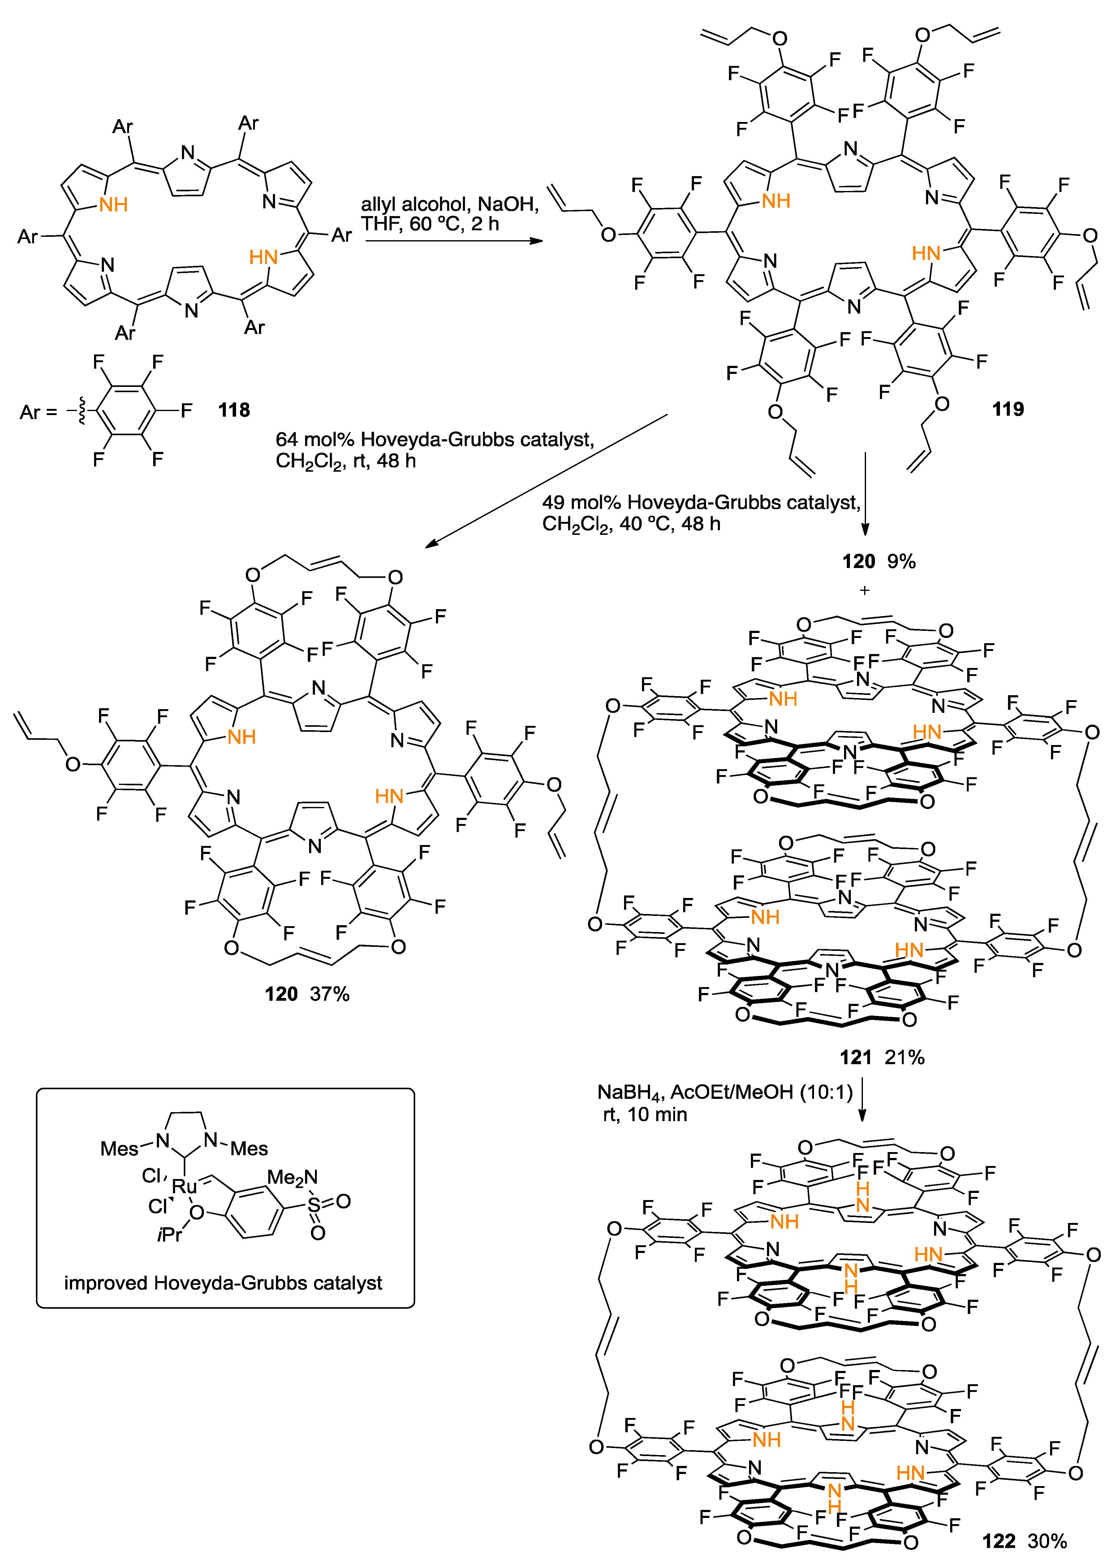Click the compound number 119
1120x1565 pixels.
click(x=1008, y=409)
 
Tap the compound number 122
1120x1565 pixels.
click(x=999, y=1541)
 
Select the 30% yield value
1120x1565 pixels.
click(x=1047, y=1541)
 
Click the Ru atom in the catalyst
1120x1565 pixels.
click(x=184, y=1186)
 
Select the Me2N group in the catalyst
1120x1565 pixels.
click(x=292, y=1177)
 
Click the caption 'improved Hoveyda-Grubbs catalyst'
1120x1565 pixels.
click(x=223, y=1283)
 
